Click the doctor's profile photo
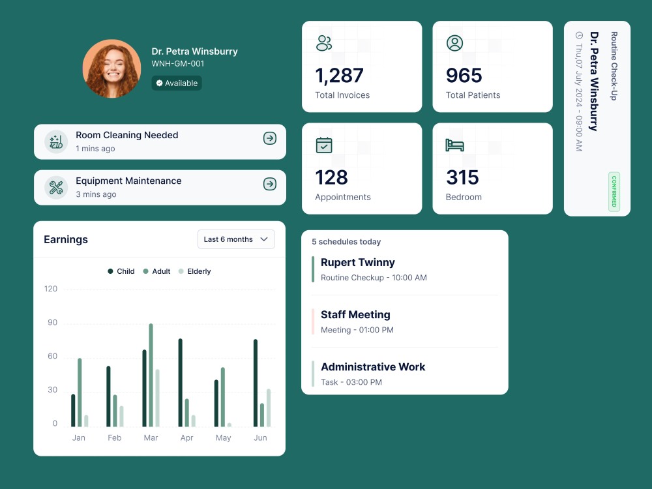click(x=111, y=68)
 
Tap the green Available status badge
click(x=177, y=83)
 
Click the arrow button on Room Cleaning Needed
click(x=269, y=138)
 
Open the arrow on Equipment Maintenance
click(x=269, y=185)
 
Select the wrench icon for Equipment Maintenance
click(x=56, y=188)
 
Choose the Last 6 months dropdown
click(x=235, y=239)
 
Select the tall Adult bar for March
click(x=151, y=375)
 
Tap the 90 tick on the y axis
click(x=51, y=323)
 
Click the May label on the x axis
click(x=223, y=438)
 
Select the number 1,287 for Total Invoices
click(x=339, y=76)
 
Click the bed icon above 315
click(x=454, y=145)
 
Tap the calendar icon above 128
click(x=324, y=145)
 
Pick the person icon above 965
click(x=454, y=43)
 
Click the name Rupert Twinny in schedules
click(x=357, y=262)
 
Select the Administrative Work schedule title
click(x=372, y=366)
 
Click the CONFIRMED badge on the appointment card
click(x=614, y=192)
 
